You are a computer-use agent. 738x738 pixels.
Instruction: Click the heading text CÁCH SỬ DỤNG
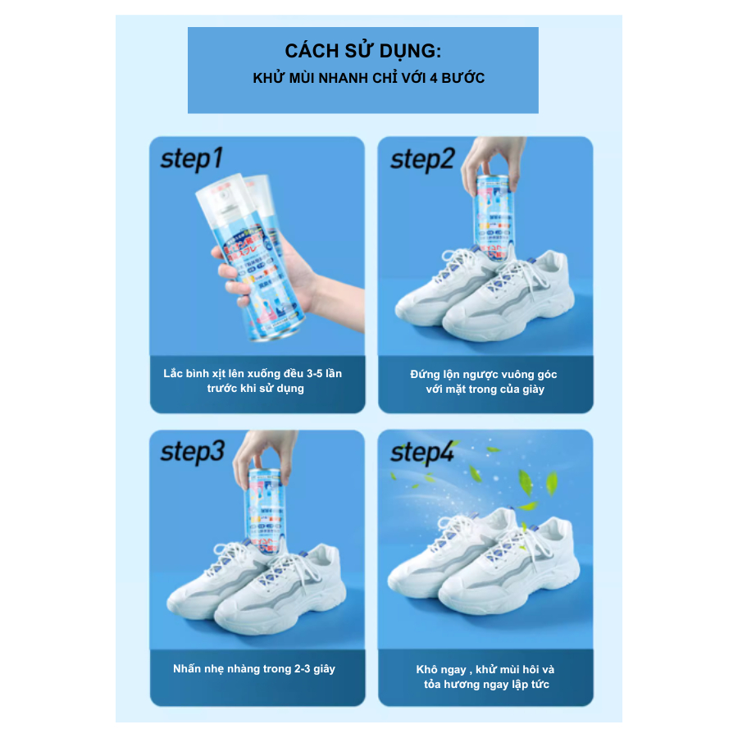(362, 51)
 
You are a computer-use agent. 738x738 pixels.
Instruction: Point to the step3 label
(192, 452)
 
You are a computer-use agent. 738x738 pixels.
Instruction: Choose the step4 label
(421, 452)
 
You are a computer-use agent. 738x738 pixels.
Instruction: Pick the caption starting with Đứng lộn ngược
(484, 381)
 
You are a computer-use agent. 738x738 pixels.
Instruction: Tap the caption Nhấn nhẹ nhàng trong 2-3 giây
(254, 668)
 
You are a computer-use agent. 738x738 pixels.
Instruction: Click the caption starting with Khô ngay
(484, 676)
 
